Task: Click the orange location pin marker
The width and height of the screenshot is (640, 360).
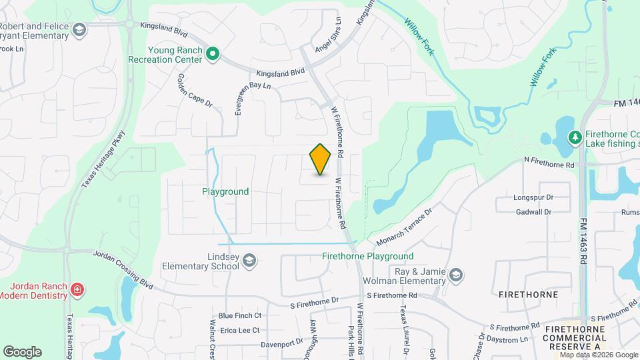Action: (x=321, y=159)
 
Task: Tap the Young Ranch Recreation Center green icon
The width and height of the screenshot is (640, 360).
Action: (x=213, y=53)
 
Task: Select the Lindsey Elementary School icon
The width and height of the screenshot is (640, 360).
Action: (x=249, y=260)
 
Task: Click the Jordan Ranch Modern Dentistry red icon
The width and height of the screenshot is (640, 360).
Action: (x=77, y=289)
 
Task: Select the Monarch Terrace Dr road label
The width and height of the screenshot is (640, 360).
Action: (x=405, y=226)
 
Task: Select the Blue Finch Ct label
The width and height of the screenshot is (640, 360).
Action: (x=239, y=315)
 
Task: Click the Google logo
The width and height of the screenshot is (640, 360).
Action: (x=22, y=351)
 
